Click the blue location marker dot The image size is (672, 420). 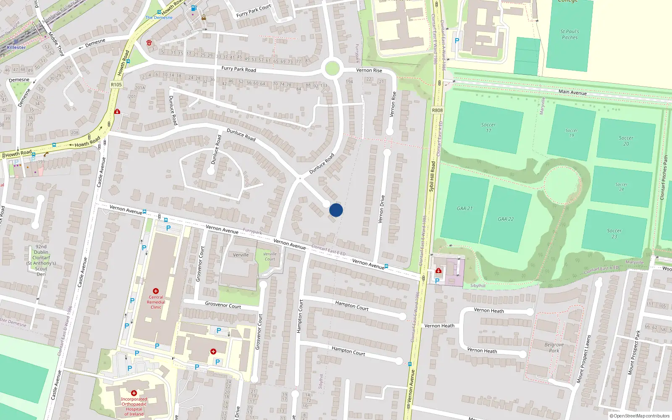point(336,210)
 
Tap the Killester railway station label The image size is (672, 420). point(16,47)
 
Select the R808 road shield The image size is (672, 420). point(437,110)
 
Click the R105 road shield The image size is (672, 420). point(116,85)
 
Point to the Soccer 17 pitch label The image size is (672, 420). point(488,128)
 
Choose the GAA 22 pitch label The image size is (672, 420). point(506,219)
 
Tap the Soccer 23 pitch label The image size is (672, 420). point(614,234)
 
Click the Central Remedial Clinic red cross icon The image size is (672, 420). point(156,291)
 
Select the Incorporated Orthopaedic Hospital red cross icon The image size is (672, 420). point(134,394)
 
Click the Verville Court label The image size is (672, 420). point(270,257)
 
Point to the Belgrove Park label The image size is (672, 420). point(554,348)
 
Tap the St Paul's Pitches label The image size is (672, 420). point(570,34)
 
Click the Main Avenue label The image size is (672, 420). point(572,92)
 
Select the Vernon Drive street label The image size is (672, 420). point(381,209)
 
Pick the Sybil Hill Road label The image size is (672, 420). point(432,176)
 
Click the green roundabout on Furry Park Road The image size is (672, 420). point(332,68)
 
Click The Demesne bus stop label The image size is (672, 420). point(159,18)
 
